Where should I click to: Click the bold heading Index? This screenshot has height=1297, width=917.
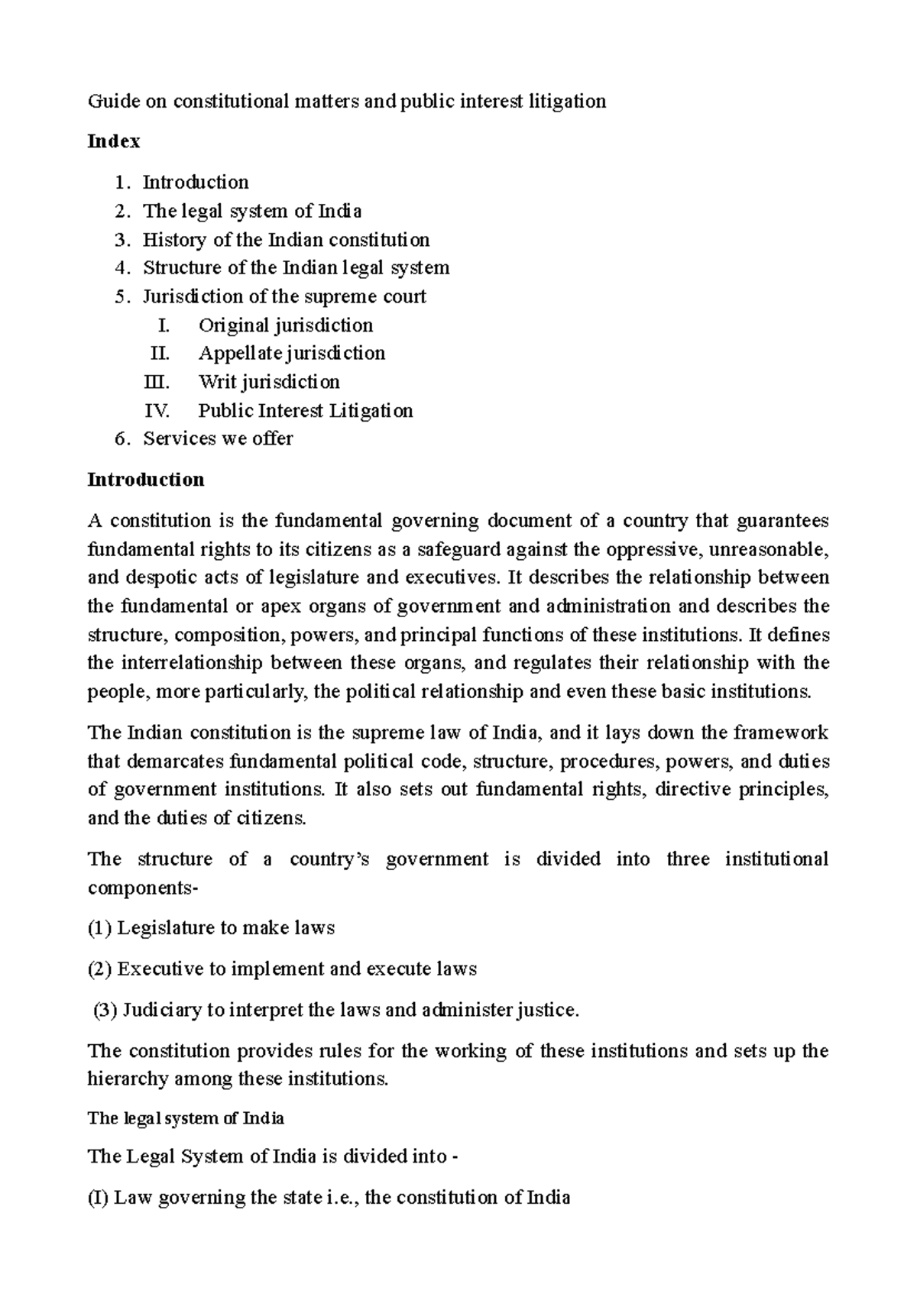tap(114, 141)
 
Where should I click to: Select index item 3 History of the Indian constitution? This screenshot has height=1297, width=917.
tap(286, 240)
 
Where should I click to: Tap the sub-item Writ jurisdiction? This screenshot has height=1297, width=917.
tap(269, 381)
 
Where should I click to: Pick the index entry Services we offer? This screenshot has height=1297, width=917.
tap(218, 438)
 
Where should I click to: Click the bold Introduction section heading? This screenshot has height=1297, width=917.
tap(146, 480)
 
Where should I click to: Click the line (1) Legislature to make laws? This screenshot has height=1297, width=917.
tap(212, 928)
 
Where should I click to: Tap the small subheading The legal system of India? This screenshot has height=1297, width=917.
tap(186, 1118)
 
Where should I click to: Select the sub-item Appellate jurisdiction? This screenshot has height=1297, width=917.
tap(291, 353)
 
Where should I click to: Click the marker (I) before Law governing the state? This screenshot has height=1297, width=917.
tap(98, 1197)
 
